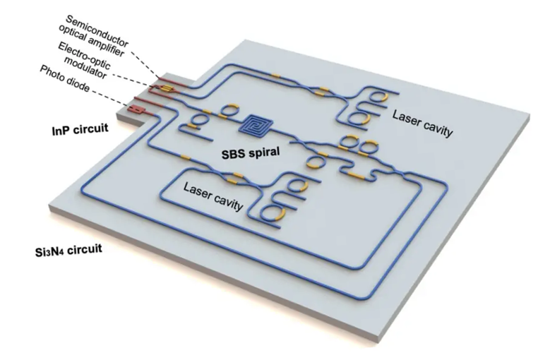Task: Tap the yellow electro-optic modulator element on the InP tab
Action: [166, 89]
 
